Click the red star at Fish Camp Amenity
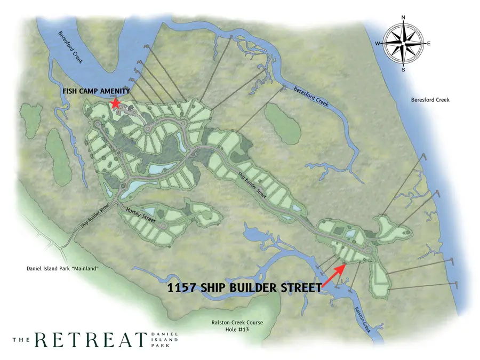114,102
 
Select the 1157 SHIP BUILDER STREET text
244,288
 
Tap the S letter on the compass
404,69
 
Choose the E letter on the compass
429,44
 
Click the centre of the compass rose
404,44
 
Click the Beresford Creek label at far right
430,100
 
